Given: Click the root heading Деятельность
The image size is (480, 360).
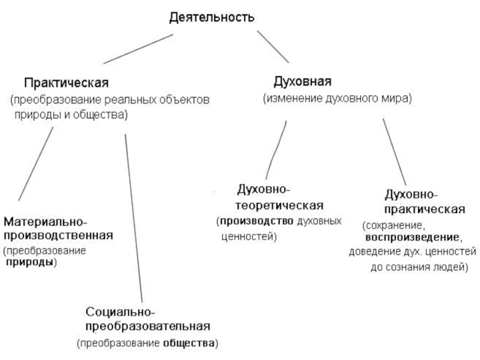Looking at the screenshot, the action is (x=211, y=17).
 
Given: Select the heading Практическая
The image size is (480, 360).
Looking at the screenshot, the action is (x=67, y=81).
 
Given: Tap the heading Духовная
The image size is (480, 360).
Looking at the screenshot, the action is (x=303, y=80).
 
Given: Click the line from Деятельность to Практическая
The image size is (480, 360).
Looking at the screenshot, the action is (x=138, y=49).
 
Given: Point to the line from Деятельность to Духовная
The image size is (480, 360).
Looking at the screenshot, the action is (x=273, y=47).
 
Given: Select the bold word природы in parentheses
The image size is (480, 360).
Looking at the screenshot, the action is (x=30, y=263).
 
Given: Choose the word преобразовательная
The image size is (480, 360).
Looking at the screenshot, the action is (x=147, y=326).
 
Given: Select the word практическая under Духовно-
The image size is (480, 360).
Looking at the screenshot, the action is (x=424, y=209).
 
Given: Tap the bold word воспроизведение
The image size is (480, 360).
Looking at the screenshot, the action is (x=413, y=238).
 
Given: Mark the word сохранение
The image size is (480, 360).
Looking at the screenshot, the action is (x=394, y=226).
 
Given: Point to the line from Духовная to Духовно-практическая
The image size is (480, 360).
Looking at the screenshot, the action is (x=394, y=151).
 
